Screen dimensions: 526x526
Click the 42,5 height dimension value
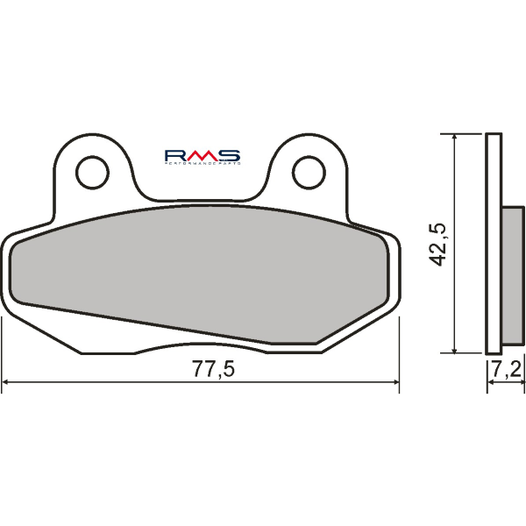click(440, 244)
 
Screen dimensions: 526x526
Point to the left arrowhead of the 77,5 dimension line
click(7, 383)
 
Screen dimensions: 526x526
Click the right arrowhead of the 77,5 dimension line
click(395, 383)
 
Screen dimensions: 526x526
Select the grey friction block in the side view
click(511, 276)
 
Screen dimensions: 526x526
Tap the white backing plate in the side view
click(494, 245)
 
